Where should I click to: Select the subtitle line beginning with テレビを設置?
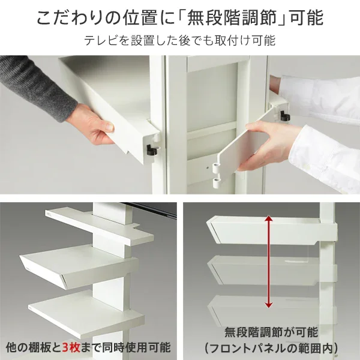click(x=179, y=41)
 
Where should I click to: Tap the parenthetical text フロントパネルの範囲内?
click(x=270, y=348)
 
